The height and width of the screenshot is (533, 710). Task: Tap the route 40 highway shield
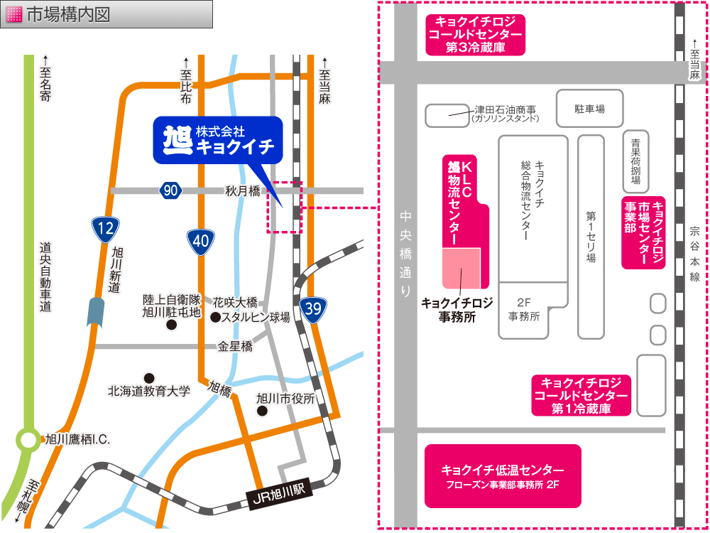pos(201,241)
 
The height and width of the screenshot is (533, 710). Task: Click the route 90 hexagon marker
pos(170,190)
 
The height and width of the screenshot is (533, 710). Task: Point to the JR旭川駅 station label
pos(278,491)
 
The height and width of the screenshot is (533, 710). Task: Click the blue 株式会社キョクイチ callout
pos(218,139)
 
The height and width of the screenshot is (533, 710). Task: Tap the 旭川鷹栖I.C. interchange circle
pos(28,440)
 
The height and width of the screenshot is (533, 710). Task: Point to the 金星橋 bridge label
pos(235,347)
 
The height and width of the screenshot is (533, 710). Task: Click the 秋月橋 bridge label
pos(242,190)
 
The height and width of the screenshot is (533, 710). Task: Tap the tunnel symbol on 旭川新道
pos(96,312)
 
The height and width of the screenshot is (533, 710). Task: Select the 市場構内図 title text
pos(68,14)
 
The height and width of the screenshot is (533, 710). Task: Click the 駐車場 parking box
pos(589,109)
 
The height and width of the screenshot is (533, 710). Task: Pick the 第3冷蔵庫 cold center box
pos(475,35)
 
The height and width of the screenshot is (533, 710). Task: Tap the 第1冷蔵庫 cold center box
pos(581,396)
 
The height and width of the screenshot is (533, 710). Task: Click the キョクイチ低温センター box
pos(503,475)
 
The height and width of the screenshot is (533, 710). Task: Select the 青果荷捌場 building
pos(635,161)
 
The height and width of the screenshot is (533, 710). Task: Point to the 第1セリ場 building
pos(591,237)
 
